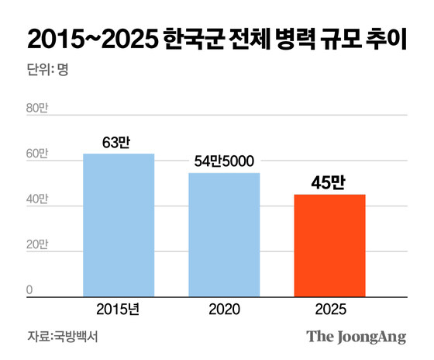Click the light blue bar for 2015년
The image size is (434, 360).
119,225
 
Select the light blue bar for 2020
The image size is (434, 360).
224,234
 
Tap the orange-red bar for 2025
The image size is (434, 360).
329,245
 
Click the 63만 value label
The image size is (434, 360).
119,142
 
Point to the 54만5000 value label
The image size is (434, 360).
224,161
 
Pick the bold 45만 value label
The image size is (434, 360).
329,182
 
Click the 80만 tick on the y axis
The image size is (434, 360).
37,109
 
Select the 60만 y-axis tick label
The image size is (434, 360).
37,154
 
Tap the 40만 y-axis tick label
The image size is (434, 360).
37,199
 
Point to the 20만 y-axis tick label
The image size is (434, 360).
37,245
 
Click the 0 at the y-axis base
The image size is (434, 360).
30,290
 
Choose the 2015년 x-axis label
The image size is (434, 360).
119,309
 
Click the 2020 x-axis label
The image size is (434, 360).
224,309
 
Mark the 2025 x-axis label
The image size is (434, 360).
329,309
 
